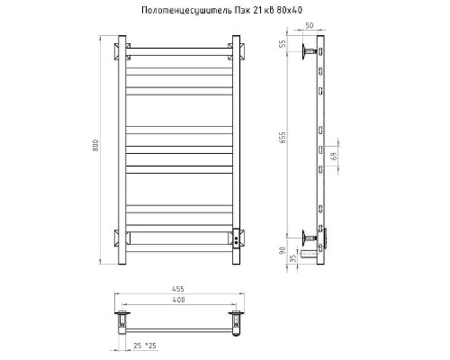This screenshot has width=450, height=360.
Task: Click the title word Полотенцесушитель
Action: click(186, 11)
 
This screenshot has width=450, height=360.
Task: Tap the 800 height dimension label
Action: click(95, 145)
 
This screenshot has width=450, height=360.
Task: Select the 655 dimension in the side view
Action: click(283, 138)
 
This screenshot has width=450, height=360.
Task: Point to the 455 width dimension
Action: click(178, 289)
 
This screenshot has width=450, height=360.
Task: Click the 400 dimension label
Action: click(179, 300)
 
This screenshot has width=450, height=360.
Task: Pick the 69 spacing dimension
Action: click(334, 157)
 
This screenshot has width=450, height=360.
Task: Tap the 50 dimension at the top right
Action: click(309, 25)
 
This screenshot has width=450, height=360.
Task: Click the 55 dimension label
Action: click(283, 44)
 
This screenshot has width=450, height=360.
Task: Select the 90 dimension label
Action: click(283, 251)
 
